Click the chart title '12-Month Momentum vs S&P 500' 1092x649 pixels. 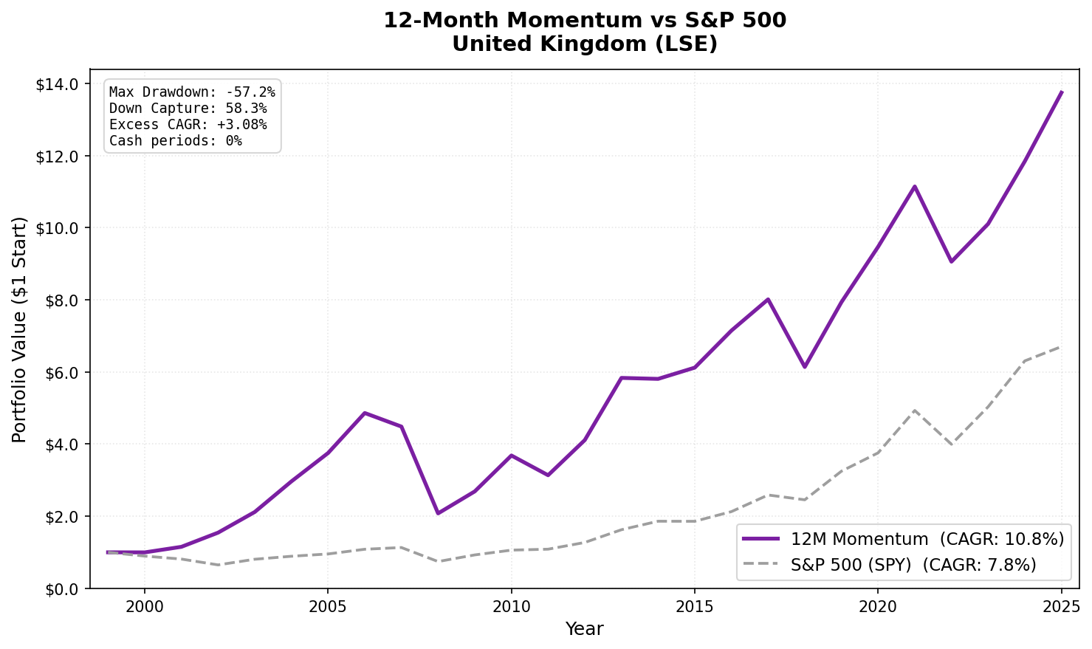584,21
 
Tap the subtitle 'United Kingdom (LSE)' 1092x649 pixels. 584,44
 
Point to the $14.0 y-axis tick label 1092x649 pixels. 58,84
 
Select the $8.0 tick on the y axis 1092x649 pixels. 61,301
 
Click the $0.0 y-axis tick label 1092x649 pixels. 61,589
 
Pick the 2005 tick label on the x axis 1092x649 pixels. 328,607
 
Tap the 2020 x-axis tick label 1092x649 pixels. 877,607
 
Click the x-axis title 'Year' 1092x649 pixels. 584,629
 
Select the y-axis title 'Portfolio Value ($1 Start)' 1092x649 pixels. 19,329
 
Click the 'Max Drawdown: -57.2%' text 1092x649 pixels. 192,92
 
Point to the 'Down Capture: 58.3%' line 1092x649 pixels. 188,109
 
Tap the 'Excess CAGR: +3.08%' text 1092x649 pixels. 188,125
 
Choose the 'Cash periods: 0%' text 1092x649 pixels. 175,140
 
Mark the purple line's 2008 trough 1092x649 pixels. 438,513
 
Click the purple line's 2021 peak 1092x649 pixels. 915,186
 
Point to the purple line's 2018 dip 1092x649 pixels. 805,367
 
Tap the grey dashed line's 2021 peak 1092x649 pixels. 915,411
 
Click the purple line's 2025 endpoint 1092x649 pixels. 1062,92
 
